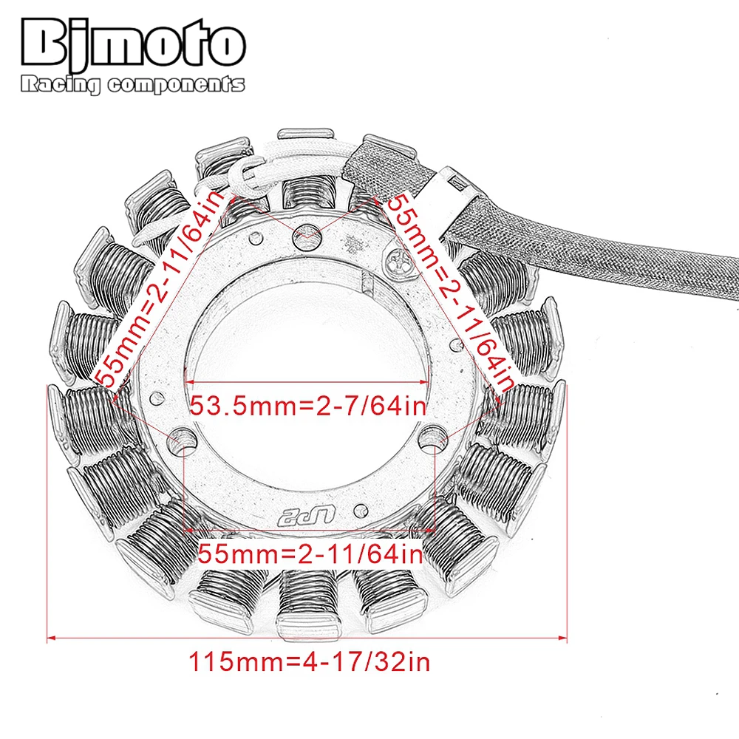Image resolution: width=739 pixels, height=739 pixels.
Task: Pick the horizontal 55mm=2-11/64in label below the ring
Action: click(310, 553)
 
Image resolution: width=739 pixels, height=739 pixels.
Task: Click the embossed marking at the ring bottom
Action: click(304, 514)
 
